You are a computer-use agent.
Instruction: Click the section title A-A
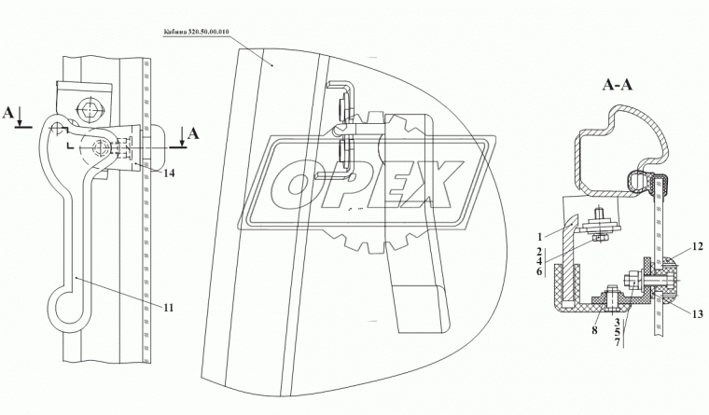(x=618, y=84)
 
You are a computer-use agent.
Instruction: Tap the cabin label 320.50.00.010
(x=196, y=31)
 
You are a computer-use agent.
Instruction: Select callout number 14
(x=169, y=173)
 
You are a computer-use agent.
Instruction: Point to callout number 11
(x=168, y=308)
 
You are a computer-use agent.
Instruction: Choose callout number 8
(x=594, y=330)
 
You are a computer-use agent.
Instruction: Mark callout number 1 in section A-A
(x=539, y=236)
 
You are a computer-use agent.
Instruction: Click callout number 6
(x=539, y=270)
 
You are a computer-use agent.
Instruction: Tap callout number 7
(x=617, y=342)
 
